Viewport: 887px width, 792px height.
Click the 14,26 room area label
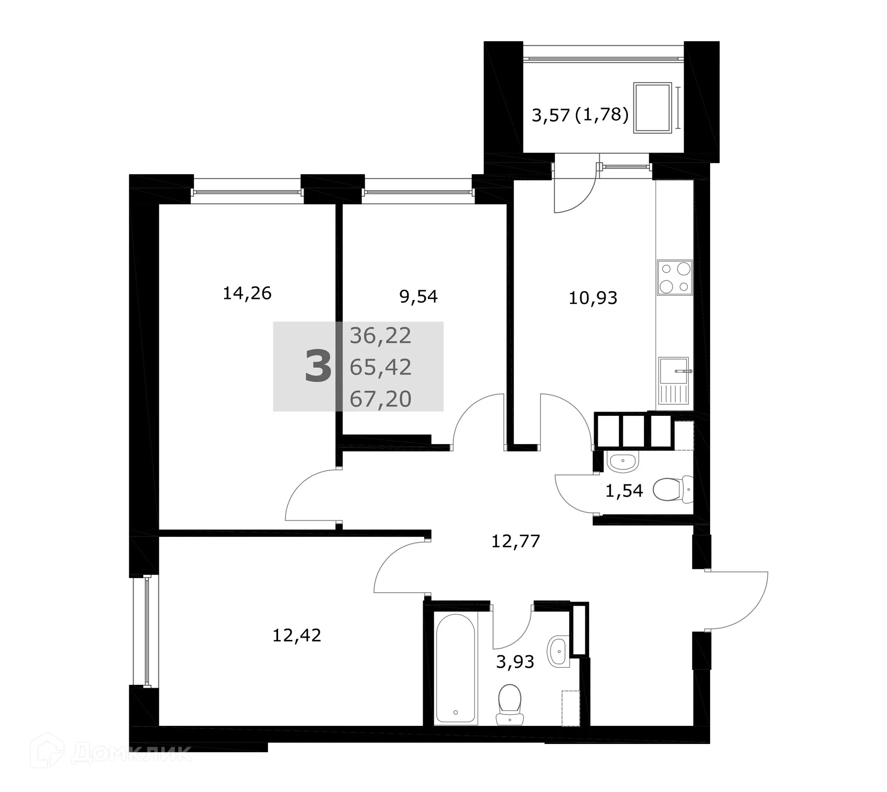point(247,293)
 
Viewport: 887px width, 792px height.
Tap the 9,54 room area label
point(419,297)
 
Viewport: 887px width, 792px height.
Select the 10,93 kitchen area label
point(593,298)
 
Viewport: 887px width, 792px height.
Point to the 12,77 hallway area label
point(516,541)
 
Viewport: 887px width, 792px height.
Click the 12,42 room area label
point(297,635)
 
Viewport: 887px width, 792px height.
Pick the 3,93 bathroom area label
point(515,662)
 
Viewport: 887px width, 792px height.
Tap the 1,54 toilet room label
point(624,491)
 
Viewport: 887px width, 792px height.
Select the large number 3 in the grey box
point(318,366)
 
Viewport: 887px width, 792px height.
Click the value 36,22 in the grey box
point(380,336)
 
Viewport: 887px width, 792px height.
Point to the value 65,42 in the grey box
point(380,367)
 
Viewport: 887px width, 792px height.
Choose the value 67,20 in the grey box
point(380,399)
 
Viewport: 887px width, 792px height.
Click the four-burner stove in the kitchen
point(675,278)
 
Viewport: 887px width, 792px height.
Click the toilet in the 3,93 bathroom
point(510,705)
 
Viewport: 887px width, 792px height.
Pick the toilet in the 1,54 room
point(673,489)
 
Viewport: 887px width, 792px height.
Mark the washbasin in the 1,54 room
point(622,462)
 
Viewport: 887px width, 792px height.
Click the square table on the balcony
point(652,108)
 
